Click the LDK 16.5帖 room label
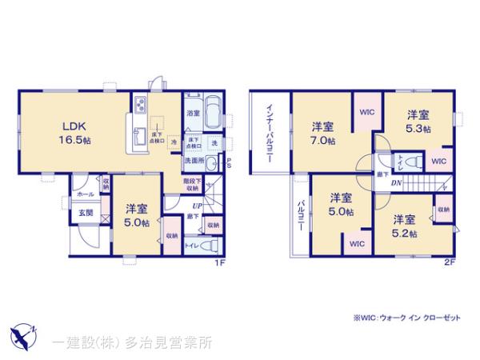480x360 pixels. (x=69, y=131)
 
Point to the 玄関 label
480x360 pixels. (x=86, y=213)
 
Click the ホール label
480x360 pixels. (x=85, y=194)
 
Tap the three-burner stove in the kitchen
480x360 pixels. (x=139, y=105)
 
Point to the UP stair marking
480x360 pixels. (x=195, y=206)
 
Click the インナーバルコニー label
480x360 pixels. (x=270, y=133)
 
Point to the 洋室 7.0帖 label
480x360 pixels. (x=322, y=134)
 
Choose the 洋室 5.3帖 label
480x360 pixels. (x=418, y=121)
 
